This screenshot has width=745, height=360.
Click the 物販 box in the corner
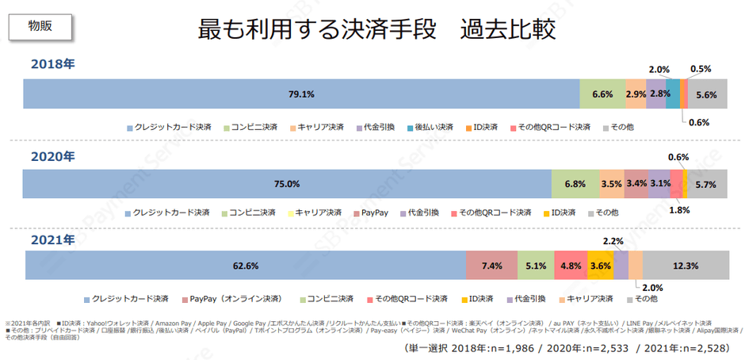tap(41, 25)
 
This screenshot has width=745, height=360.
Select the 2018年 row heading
tap(52, 64)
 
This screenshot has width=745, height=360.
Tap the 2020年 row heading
tap(52, 156)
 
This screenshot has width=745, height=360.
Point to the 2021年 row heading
tap(52, 239)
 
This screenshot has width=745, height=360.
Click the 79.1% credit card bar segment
tap(301, 94)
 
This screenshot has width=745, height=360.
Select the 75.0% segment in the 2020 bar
tap(287, 184)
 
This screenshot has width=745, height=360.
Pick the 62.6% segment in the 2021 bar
tap(246, 266)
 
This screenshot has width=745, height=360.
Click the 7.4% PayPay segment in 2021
tap(491, 266)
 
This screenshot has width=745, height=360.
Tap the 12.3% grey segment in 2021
tap(686, 266)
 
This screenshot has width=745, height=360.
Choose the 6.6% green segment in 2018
tap(602, 94)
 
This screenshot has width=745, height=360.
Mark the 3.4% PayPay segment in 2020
tap(636, 184)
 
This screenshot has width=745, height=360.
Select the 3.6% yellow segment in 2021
tap(600, 266)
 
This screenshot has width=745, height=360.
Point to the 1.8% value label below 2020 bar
tap(678, 210)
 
